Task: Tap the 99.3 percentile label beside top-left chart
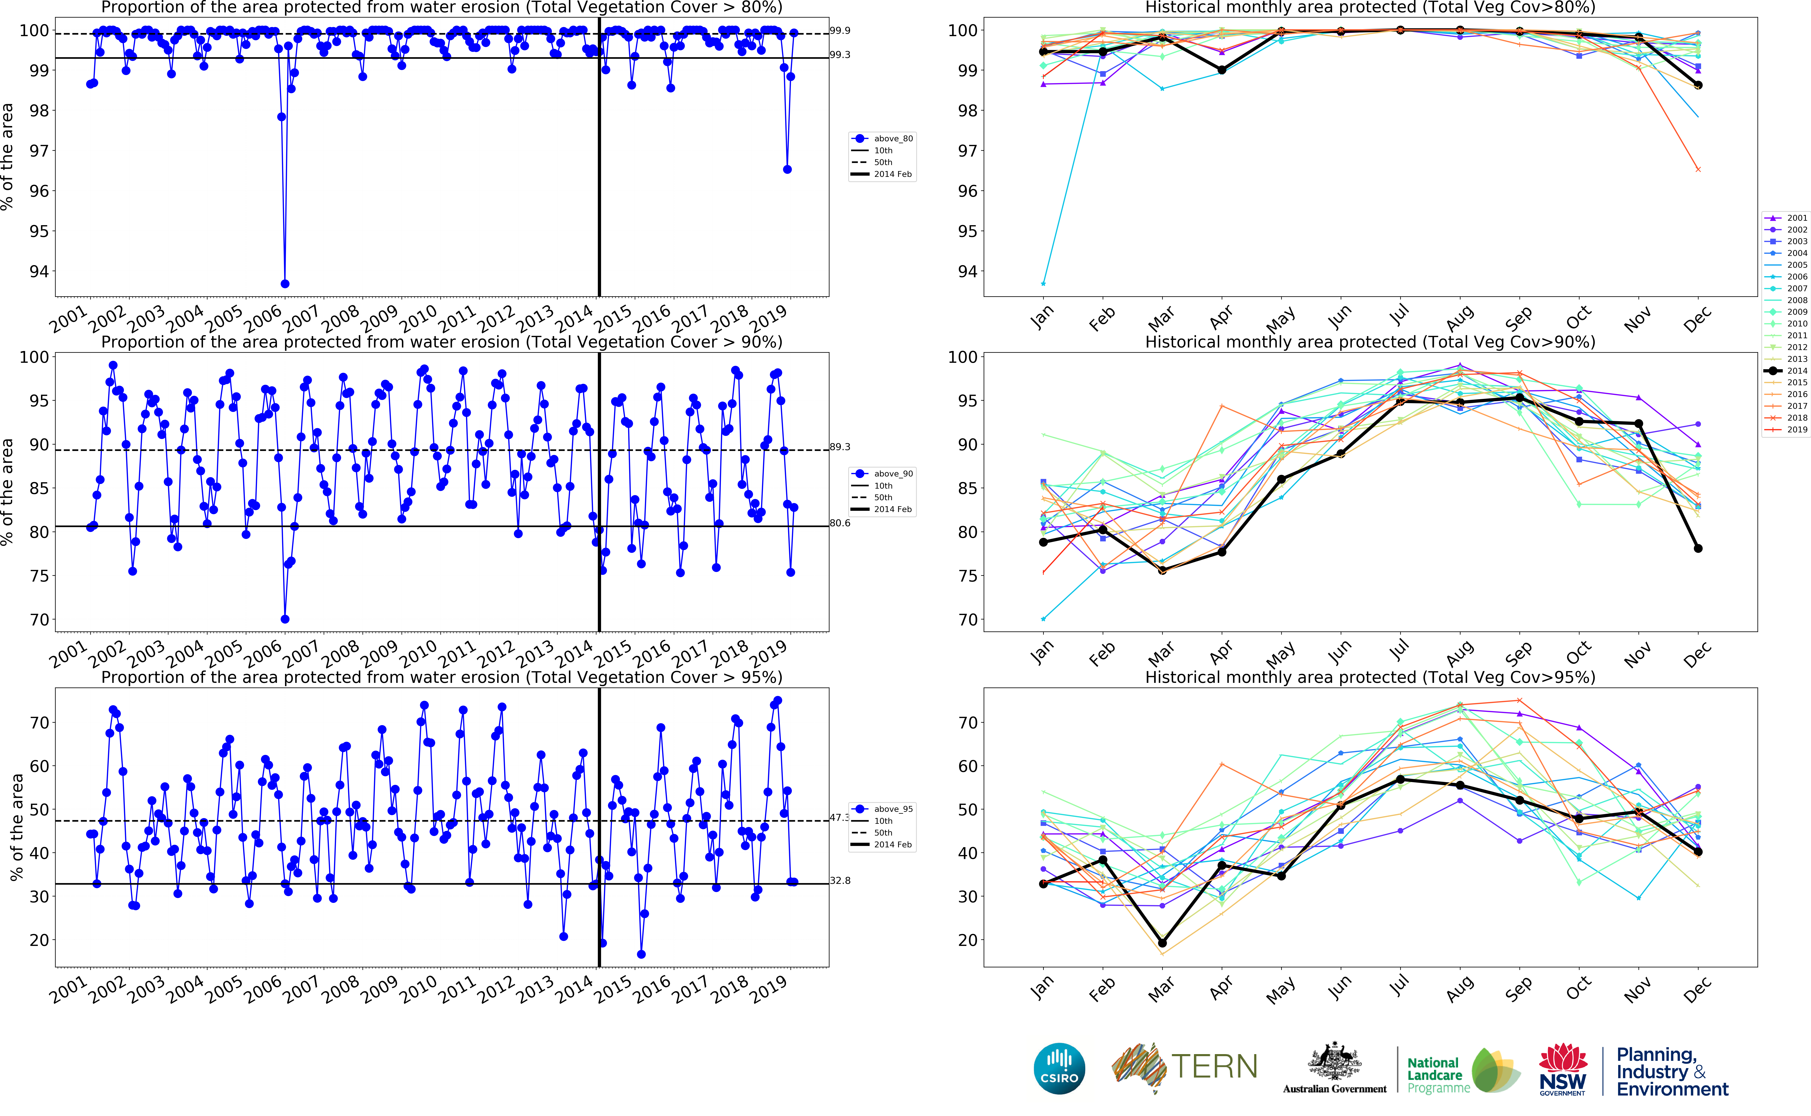[840, 55]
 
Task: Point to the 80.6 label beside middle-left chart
[840, 523]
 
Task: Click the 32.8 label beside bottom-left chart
[840, 881]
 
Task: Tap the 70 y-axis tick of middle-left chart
[39, 620]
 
